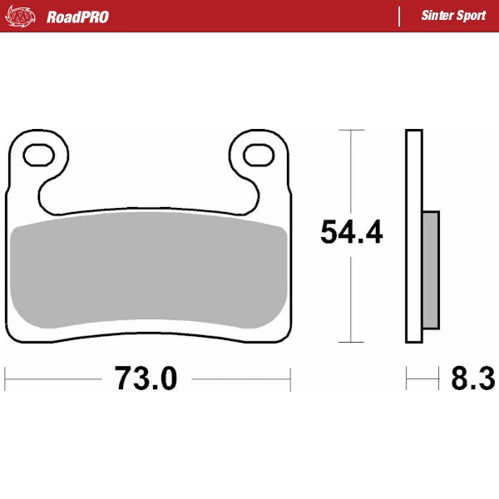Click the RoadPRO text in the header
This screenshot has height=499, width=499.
click(77, 17)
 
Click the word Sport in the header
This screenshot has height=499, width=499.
click(471, 17)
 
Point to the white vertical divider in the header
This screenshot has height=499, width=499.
click(400, 17)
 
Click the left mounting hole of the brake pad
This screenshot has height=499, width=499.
click(37, 155)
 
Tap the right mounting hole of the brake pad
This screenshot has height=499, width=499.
click(259, 155)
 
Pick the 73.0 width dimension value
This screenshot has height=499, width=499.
click(146, 379)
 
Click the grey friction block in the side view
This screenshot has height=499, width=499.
click(431, 270)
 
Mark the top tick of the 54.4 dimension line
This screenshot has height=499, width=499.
click(352, 131)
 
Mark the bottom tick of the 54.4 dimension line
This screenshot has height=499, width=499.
click(352, 342)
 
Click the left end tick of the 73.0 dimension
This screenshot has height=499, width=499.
click(7, 379)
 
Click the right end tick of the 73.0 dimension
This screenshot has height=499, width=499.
click(290, 379)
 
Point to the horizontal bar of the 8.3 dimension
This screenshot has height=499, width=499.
click(422, 379)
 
